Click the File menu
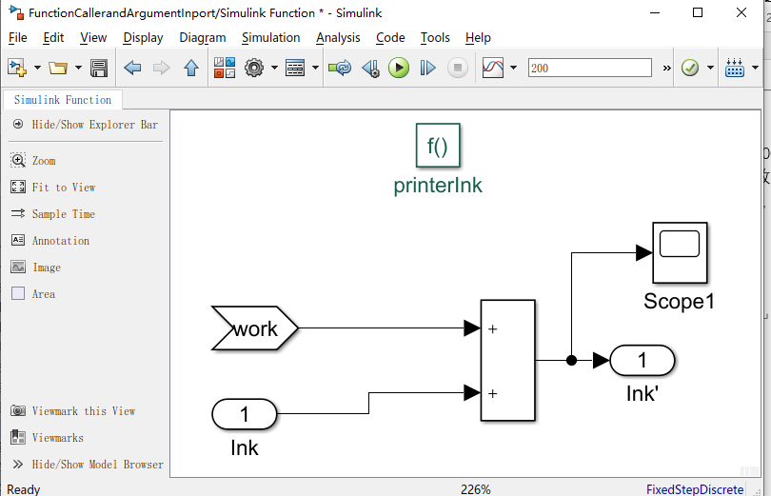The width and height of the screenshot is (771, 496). (17, 38)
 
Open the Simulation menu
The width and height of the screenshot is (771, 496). (270, 38)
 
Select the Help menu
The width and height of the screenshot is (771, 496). (478, 38)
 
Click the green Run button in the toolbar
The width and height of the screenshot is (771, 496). (399, 68)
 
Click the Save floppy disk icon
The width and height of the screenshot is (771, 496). (98, 68)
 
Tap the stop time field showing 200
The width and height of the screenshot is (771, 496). (589, 68)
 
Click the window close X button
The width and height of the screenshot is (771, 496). (743, 12)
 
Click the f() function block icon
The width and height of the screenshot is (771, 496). (438, 147)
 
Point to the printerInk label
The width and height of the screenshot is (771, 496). (438, 186)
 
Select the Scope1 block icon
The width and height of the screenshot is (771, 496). (680, 252)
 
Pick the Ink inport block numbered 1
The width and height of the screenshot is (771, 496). (244, 414)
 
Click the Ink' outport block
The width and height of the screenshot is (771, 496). (642, 360)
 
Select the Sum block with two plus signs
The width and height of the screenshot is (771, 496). (507, 360)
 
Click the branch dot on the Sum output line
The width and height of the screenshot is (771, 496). (571, 360)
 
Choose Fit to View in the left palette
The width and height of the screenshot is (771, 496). (63, 188)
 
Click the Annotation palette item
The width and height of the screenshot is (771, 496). (60, 241)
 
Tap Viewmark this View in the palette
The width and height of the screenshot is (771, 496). (83, 411)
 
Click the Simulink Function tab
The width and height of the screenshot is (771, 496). (62, 100)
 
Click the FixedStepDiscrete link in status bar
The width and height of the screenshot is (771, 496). (695, 489)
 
